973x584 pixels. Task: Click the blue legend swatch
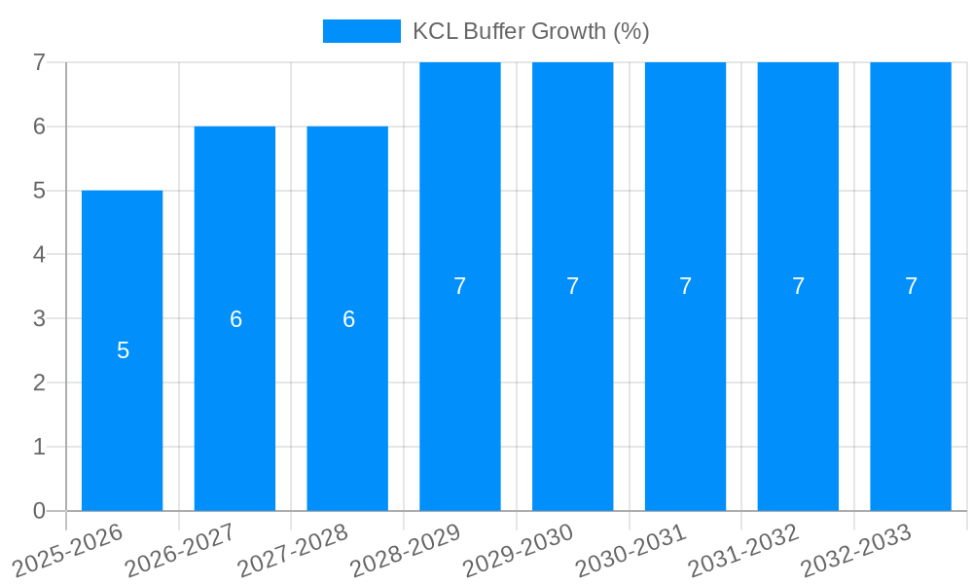click(x=361, y=31)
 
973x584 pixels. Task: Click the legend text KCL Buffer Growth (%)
click(x=530, y=31)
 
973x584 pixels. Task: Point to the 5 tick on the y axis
click(x=39, y=191)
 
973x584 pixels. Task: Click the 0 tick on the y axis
click(x=39, y=511)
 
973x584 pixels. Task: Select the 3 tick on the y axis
click(x=39, y=319)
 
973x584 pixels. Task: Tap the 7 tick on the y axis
click(x=39, y=62)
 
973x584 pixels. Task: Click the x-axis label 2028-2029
click(x=406, y=551)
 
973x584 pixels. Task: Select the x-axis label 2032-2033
click(x=856, y=551)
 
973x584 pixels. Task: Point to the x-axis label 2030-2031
click(x=631, y=551)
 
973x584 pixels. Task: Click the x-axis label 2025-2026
click(x=68, y=551)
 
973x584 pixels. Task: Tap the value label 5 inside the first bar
click(x=123, y=350)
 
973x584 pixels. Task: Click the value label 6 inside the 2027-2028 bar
click(x=348, y=319)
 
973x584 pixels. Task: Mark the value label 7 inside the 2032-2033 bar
click(x=911, y=286)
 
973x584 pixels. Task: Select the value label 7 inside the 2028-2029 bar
click(x=460, y=286)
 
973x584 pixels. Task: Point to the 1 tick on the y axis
click(x=39, y=447)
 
